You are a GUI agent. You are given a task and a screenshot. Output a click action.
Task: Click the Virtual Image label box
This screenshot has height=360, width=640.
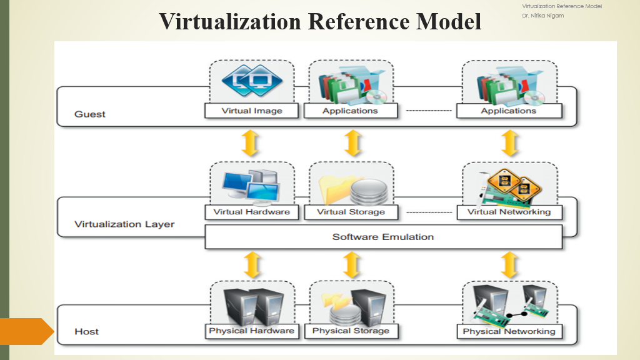[252, 111]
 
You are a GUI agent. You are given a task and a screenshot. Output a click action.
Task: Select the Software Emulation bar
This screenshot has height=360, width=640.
[383, 237]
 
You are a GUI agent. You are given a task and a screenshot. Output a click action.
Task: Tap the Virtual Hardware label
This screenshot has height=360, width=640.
[251, 212]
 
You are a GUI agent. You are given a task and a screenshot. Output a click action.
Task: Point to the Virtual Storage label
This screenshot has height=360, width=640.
[350, 212]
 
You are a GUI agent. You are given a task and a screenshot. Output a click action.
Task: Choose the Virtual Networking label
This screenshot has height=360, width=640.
[509, 212]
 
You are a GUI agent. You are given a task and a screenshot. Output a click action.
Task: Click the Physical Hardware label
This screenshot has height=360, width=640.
[251, 331]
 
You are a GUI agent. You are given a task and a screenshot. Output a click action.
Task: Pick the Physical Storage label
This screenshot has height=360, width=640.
[351, 331]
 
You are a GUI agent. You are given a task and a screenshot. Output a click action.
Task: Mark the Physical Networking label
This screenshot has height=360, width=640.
[509, 331]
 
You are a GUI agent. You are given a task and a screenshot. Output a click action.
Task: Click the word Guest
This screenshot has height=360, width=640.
[90, 114]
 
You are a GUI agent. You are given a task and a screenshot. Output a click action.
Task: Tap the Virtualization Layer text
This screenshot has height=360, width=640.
[124, 224]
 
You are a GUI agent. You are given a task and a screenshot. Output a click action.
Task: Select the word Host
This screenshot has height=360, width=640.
[86, 331]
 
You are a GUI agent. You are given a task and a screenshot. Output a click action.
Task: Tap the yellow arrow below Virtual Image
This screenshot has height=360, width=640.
[251, 144]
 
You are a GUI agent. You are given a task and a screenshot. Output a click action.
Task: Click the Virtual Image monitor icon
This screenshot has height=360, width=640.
[252, 81]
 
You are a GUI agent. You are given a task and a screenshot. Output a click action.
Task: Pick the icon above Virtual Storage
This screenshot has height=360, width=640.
[350, 186]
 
